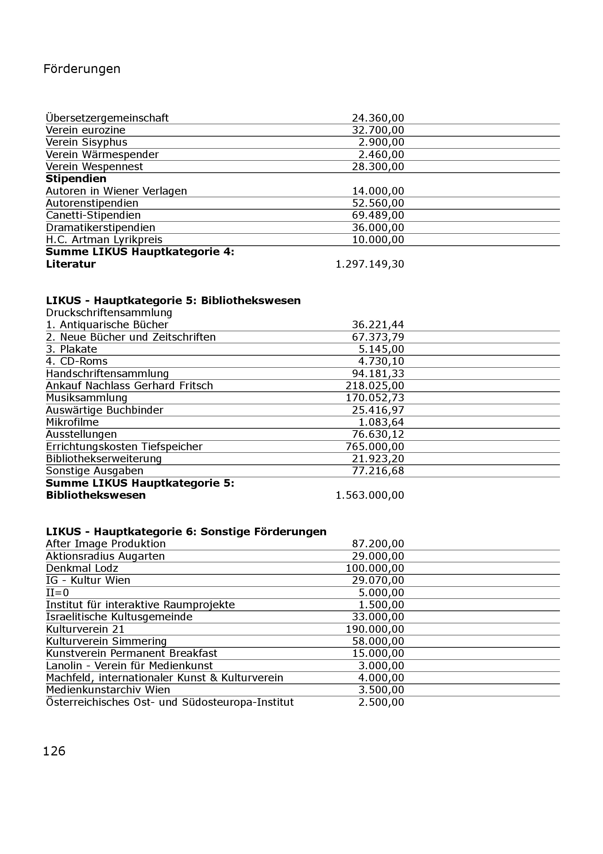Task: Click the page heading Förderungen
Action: [x=82, y=69]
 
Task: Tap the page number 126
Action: [x=54, y=751]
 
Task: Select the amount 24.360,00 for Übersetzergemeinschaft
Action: [x=378, y=118]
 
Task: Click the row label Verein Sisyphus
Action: [x=86, y=142]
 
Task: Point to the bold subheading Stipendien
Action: [x=76, y=179]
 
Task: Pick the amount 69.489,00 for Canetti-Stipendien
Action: [x=378, y=215]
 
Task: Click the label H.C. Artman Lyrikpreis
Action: [x=104, y=240]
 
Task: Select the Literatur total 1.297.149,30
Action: [x=370, y=264]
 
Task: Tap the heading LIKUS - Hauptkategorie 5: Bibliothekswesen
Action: [x=173, y=300]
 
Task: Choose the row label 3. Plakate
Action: [x=71, y=349]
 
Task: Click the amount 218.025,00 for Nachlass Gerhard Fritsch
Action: [x=375, y=386]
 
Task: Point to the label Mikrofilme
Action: [x=72, y=422]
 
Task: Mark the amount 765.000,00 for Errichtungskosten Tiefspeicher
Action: [x=375, y=446]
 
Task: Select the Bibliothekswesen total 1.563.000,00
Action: [x=370, y=495]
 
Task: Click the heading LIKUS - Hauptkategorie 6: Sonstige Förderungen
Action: [x=186, y=532]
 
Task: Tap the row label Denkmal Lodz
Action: [x=82, y=568]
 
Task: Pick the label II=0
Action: [x=57, y=593]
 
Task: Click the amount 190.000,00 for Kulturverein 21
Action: [x=375, y=629]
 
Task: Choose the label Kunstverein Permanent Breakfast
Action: [x=132, y=653]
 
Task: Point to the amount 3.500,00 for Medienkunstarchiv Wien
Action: [x=381, y=690]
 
